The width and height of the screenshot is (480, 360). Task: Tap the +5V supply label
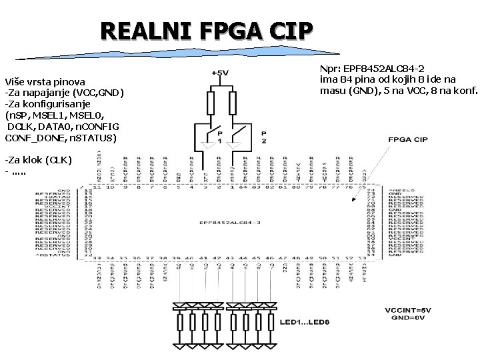pos(220,73)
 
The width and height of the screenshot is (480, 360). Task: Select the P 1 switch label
pos(219,137)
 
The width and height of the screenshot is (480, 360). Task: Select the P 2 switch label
pos(264,137)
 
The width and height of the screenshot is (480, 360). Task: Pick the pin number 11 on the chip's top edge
pos(97,188)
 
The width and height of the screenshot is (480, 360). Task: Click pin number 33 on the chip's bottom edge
pos(97,257)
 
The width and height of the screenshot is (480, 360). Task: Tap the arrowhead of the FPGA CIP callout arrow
pos(353,200)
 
